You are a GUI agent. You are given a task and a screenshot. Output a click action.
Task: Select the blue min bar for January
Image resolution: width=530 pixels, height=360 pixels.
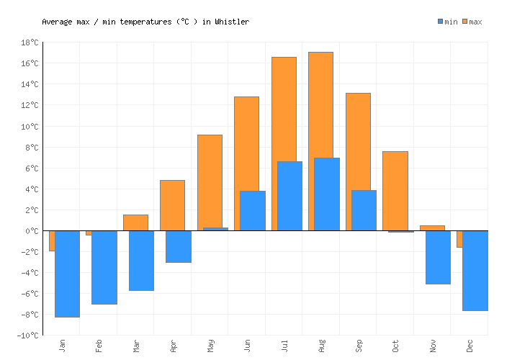pos(67,274)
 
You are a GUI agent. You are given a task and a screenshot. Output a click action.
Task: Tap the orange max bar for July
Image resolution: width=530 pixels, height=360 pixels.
pos(284,108)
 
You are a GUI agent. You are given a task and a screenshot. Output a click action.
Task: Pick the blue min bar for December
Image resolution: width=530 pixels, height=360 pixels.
pos(475,271)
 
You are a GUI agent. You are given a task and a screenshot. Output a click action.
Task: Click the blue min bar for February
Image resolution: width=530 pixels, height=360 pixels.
pos(104,267)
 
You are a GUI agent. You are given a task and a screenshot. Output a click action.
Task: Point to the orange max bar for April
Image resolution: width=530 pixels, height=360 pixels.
pos(172,205)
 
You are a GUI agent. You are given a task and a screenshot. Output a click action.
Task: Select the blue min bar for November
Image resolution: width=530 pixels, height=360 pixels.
pos(438,257)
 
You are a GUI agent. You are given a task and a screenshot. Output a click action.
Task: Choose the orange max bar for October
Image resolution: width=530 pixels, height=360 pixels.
pos(395,191)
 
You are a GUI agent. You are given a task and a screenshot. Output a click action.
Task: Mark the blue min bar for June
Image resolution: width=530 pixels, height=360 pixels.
pos(252,210)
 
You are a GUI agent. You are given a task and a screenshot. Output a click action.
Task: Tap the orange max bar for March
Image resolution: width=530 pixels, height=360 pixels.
pos(135,222)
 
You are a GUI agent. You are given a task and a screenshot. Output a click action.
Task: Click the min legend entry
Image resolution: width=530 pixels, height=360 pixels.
pos(447,22)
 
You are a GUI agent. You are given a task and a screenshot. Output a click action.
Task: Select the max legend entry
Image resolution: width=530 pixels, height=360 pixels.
pos(472,22)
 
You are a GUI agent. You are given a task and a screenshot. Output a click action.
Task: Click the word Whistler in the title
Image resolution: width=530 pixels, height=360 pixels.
pos(232,22)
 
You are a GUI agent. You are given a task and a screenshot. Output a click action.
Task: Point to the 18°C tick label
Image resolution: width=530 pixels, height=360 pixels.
pos(30,42)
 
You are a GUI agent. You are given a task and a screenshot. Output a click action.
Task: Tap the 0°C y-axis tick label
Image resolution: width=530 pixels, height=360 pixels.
pos(31,231)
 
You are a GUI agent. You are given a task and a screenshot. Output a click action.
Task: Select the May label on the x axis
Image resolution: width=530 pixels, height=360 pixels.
pos(210,346)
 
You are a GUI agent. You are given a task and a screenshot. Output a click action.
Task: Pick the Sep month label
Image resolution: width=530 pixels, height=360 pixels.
pos(359,346)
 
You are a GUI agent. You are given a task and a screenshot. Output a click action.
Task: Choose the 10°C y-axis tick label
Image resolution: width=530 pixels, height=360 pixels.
pos(30,127)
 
